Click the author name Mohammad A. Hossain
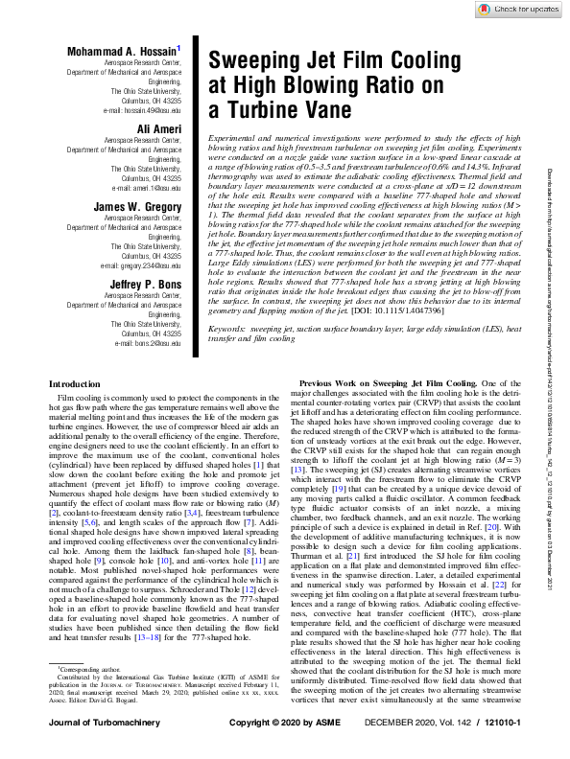pyautogui.click(x=123, y=49)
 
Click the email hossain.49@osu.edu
pyautogui.click(x=148, y=111)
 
